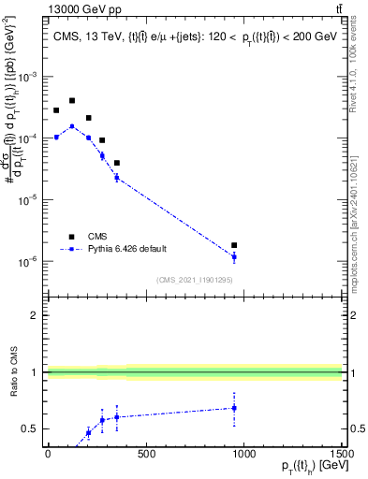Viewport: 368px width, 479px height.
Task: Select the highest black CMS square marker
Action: tap(72, 100)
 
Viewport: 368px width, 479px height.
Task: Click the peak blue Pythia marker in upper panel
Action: tap(72, 126)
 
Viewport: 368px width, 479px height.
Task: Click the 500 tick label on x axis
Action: tap(146, 453)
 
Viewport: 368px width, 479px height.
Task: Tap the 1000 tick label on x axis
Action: tap(243, 453)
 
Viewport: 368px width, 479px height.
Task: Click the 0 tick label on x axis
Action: tap(48, 453)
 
